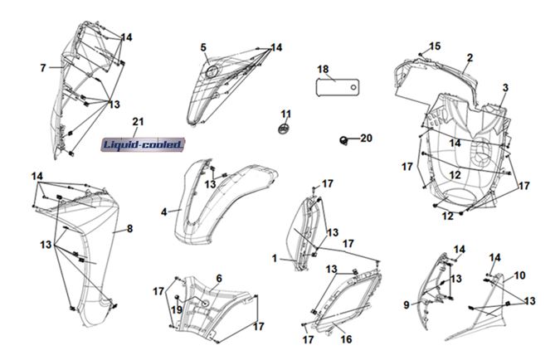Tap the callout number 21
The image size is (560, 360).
(x=139, y=122)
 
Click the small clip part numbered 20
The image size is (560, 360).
(x=343, y=139)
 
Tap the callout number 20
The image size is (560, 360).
(x=366, y=139)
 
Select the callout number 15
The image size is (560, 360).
(x=434, y=46)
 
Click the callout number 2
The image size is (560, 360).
(x=470, y=57)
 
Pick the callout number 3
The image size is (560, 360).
(x=504, y=87)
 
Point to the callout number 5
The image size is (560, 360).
(x=203, y=48)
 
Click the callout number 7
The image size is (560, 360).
(x=42, y=67)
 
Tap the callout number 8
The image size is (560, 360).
(x=129, y=228)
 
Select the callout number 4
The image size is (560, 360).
(x=164, y=212)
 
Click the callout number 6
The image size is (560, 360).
(x=219, y=278)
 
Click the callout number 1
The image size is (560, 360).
(x=275, y=259)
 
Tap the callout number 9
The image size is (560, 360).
(x=407, y=305)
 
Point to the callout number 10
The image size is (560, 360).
(x=520, y=275)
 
